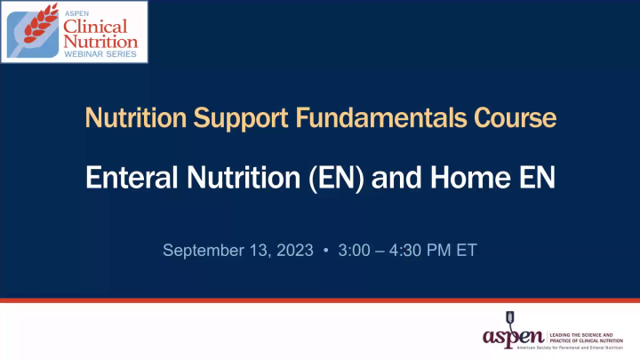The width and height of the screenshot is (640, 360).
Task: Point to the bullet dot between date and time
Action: tap(326, 252)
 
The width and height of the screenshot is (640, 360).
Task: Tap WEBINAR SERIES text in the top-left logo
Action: tap(99, 55)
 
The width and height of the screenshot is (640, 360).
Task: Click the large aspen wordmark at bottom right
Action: tap(513, 337)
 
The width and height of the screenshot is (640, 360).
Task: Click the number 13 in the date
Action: tap(253, 252)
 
